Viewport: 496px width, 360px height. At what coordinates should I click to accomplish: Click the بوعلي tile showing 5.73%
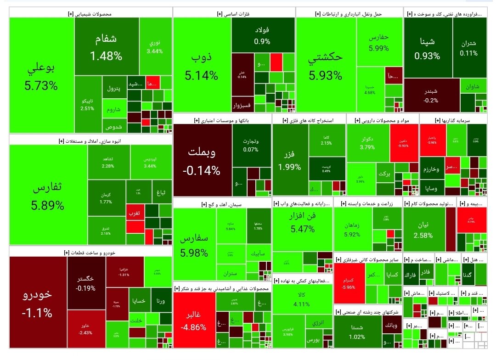41,76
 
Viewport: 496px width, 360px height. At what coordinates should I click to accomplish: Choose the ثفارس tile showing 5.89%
48,196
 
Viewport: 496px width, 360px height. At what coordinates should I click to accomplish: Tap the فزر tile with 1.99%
289,158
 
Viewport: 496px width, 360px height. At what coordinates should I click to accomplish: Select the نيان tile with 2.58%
423,230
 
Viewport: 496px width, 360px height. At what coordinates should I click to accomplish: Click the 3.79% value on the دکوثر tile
368,147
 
